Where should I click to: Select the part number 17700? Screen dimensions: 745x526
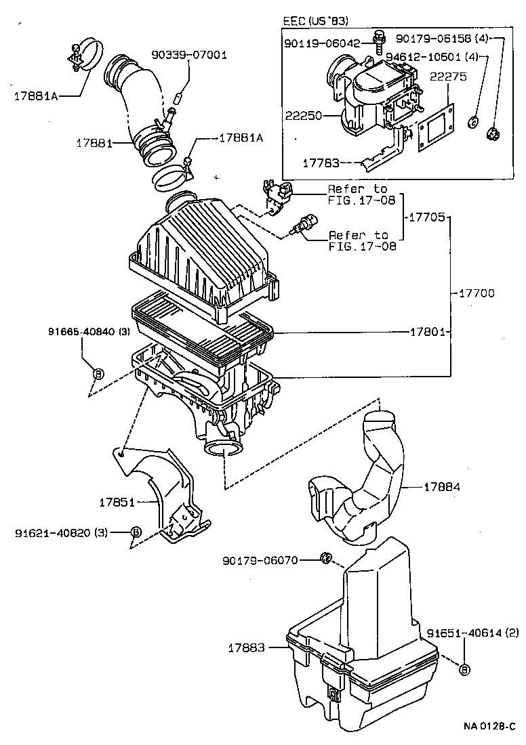(477, 293)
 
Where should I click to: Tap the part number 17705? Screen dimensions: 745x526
(426, 217)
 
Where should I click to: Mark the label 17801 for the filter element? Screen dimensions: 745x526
(427, 332)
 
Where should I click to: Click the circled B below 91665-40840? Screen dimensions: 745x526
(97, 373)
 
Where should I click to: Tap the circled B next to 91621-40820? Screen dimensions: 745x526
(136, 532)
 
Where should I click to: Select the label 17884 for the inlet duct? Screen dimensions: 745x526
(443, 486)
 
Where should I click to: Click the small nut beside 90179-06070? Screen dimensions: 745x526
(325, 558)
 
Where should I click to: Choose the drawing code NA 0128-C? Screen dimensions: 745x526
(489, 726)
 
